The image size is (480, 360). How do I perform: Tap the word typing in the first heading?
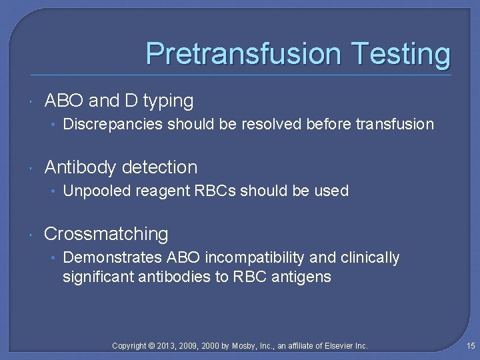click(168, 101)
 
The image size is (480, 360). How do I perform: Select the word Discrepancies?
click(113, 124)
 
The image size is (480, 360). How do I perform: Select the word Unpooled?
click(97, 191)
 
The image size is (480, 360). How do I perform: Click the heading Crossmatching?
click(106, 234)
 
